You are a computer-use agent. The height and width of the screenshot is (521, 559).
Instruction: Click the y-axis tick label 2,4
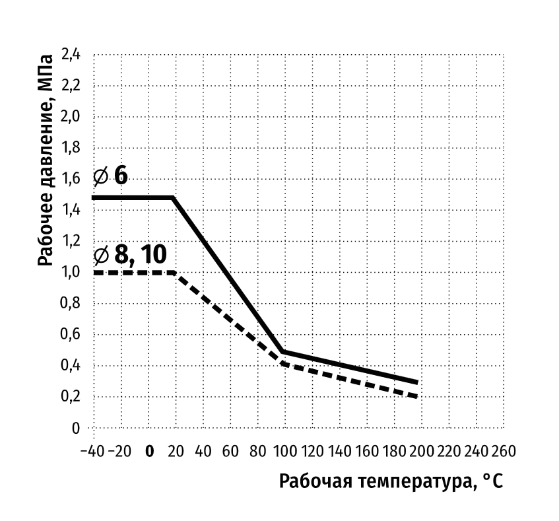click(71, 55)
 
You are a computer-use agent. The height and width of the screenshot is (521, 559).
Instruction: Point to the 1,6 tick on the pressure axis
click(71, 179)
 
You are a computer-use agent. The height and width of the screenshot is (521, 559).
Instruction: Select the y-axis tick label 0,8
click(71, 303)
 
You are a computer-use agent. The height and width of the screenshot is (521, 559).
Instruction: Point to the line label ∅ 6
click(110, 176)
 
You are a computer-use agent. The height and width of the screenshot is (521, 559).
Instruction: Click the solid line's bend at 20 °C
click(173, 197)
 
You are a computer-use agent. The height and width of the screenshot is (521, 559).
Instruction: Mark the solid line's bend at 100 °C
click(282, 352)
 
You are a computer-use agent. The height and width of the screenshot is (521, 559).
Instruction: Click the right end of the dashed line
click(417, 396)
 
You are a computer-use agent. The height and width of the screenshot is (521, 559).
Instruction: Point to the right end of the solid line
click(417, 382)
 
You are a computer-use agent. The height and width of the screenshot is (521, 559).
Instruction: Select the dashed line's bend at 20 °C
click(173, 272)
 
